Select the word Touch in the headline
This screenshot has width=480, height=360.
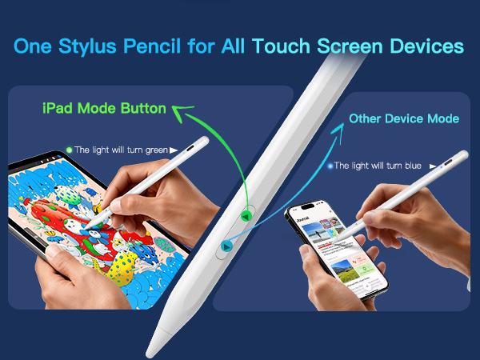point(286,46)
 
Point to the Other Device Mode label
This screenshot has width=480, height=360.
point(403,118)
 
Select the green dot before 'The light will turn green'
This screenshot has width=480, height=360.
point(70,149)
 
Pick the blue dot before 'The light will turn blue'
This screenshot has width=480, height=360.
point(329,166)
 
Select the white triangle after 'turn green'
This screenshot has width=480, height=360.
point(186,149)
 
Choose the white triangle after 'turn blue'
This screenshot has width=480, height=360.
point(434,166)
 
